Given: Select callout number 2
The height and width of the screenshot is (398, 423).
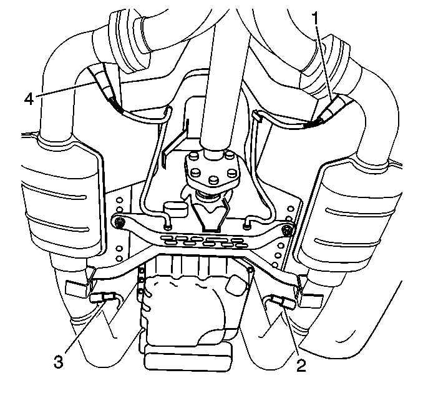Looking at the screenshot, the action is click(x=301, y=366).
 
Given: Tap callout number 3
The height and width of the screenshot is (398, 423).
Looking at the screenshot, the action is click(x=59, y=361).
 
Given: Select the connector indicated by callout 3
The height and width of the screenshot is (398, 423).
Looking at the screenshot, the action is click(x=103, y=297).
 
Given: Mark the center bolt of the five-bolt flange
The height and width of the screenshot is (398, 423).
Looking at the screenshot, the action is click(x=213, y=179).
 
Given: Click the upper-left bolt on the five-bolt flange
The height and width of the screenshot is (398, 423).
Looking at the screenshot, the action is click(x=194, y=156).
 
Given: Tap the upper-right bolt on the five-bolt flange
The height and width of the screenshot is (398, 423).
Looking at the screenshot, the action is click(x=229, y=156).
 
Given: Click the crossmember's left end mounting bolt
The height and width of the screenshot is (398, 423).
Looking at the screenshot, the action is click(x=119, y=223).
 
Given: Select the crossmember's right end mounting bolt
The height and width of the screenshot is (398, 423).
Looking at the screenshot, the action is click(x=286, y=231).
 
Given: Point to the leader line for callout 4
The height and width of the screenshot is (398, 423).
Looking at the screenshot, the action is click(x=66, y=89).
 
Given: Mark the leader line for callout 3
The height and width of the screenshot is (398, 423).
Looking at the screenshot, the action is click(x=84, y=327).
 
